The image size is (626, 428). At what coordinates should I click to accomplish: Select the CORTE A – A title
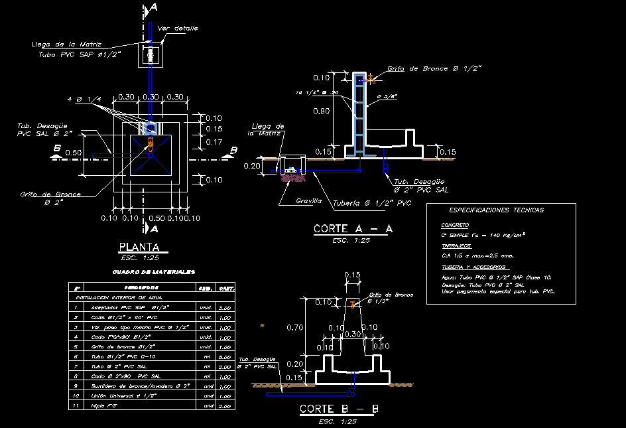click(x=353, y=229)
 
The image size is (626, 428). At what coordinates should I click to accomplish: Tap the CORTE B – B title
click(x=339, y=409)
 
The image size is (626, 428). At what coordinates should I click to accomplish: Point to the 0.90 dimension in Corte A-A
click(x=322, y=111)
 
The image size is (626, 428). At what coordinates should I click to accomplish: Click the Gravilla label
click(x=309, y=200)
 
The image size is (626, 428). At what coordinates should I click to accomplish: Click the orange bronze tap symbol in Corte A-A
click(x=370, y=80)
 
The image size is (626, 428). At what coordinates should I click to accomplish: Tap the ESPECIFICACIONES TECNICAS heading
click(x=496, y=210)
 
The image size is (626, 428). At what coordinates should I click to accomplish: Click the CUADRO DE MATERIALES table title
click(x=153, y=272)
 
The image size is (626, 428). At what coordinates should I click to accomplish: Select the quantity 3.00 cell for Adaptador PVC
click(x=224, y=309)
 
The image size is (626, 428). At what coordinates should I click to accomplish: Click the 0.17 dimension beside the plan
click(x=214, y=142)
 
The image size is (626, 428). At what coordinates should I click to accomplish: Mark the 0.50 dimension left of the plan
click(x=74, y=153)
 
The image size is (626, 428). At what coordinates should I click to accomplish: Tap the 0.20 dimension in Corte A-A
click(x=253, y=166)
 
